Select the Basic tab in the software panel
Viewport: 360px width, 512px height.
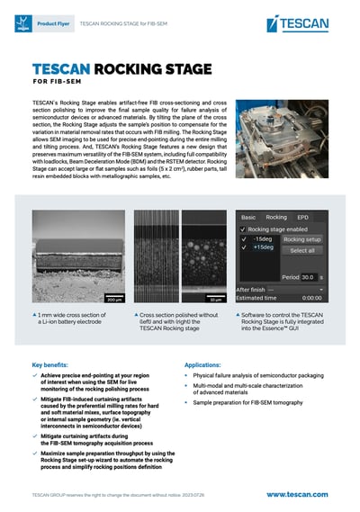click(x=247, y=217)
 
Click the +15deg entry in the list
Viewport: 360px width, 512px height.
click(x=264, y=249)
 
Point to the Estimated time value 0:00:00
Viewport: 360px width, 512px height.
click(x=310, y=297)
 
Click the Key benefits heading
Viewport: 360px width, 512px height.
click(x=55, y=365)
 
